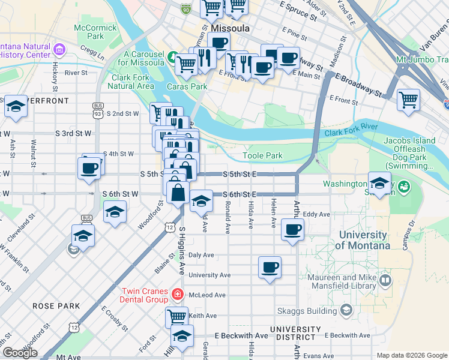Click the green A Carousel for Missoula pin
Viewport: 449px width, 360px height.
coord(172,58)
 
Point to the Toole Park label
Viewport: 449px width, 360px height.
coord(262,156)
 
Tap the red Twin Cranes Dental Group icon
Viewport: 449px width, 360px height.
coord(177,294)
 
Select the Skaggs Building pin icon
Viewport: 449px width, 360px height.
coord(346,310)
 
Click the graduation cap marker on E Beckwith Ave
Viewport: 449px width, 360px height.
coord(182,336)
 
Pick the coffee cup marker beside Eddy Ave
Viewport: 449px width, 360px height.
coord(292,229)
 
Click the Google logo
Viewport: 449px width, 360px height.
coord(20,353)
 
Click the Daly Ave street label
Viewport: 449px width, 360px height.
coord(202,255)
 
